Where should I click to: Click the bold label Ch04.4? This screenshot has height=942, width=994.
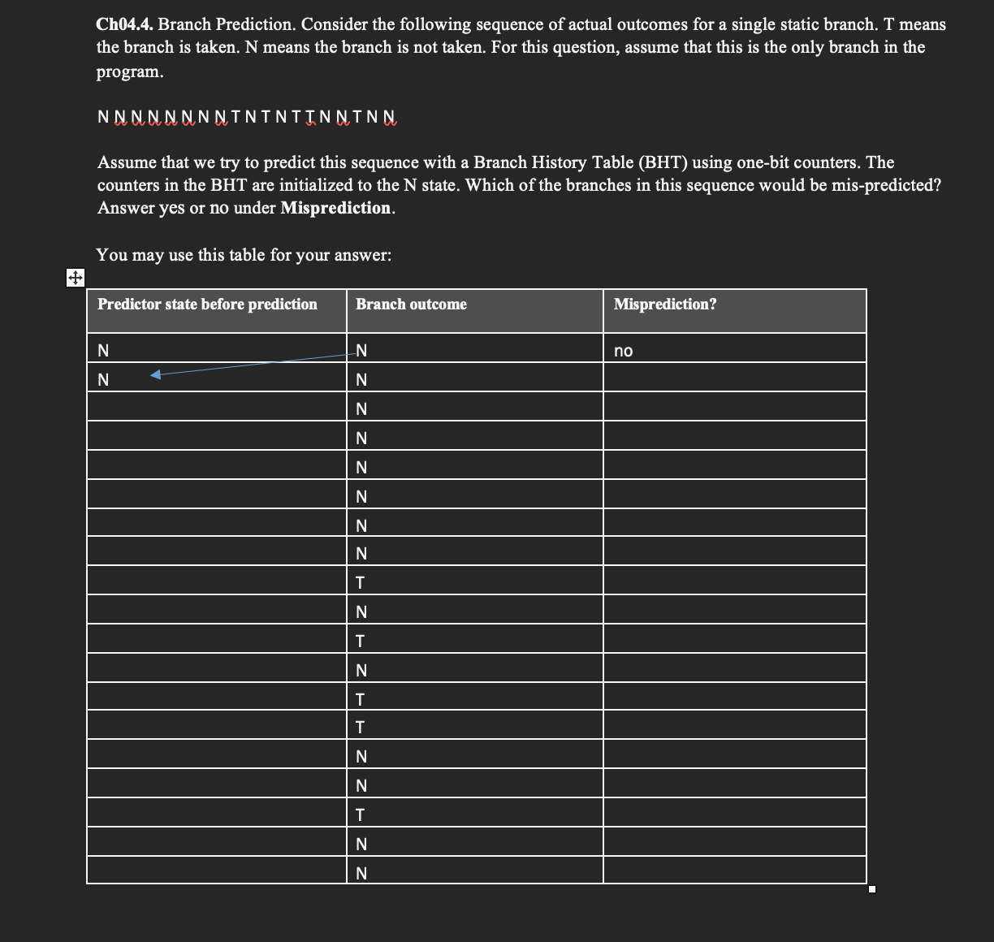point(124,24)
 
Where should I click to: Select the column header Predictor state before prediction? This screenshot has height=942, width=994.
point(207,305)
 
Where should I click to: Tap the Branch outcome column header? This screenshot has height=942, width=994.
point(411,305)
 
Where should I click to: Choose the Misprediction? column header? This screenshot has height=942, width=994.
point(665,305)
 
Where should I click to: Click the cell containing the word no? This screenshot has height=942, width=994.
point(624,351)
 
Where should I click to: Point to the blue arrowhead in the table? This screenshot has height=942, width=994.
point(156,374)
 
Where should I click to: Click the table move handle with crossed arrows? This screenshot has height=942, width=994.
point(74,279)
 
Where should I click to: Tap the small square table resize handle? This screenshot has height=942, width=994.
point(872,890)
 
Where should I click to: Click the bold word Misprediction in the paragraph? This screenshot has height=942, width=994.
point(336,208)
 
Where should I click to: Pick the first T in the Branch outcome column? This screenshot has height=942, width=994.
point(361,583)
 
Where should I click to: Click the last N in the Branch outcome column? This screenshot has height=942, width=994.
point(361,874)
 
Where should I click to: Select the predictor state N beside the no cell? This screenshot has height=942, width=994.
point(103,351)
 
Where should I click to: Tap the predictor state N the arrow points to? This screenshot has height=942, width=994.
point(103,380)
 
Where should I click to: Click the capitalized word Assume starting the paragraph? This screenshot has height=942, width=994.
point(123,162)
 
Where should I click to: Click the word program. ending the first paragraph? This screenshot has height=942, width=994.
point(130,71)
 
